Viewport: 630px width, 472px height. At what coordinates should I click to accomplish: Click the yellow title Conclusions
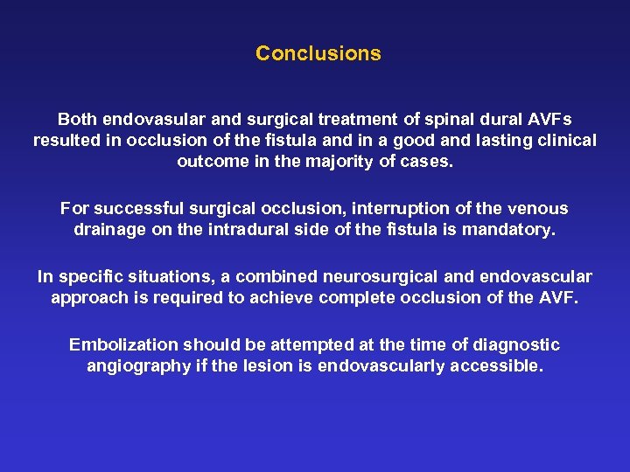318,53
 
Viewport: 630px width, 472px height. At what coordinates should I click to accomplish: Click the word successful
134,209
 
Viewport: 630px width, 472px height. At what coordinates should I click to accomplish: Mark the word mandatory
516,231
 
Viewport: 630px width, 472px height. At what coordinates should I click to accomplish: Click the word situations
165,277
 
